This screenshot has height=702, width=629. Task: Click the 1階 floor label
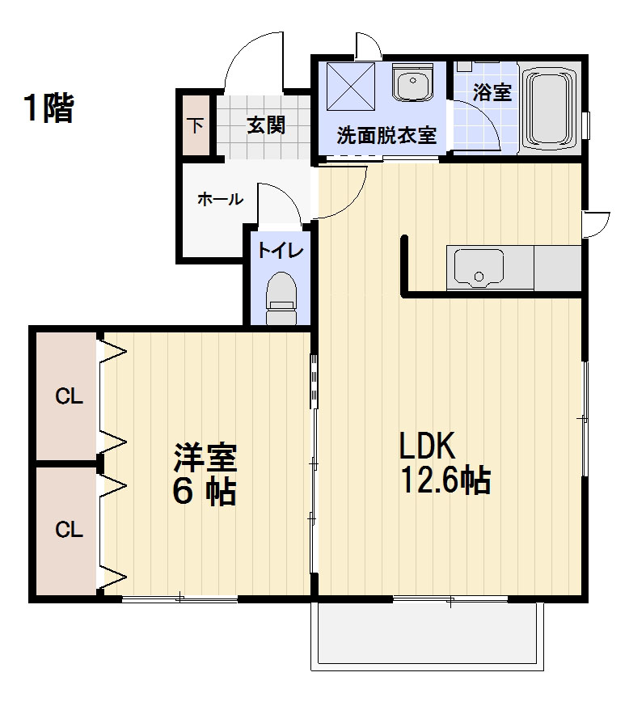49,108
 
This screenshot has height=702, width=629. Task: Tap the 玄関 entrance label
266,125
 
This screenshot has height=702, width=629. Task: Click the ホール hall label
220,199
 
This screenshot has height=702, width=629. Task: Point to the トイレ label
281,251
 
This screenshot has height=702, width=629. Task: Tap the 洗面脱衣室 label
386,135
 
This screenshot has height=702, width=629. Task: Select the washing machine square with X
351,86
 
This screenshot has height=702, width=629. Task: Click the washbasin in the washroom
413,82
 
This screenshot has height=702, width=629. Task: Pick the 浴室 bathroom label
492,92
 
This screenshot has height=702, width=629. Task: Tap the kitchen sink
478,268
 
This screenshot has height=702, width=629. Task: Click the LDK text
427,446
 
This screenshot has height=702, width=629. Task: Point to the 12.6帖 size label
445,480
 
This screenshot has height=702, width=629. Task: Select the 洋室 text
205,458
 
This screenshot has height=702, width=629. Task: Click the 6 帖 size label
205,493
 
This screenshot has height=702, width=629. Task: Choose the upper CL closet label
69,396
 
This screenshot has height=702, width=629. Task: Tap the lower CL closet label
69,530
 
